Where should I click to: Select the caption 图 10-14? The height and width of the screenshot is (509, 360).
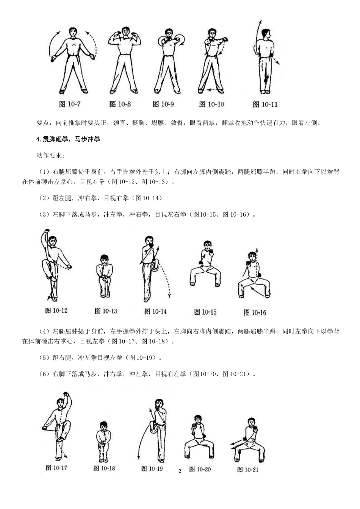point(155,312)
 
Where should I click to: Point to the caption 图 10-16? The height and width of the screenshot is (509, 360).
point(255,313)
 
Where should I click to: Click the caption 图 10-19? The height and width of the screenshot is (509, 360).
point(152,469)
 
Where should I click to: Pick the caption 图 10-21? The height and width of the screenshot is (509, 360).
point(248,470)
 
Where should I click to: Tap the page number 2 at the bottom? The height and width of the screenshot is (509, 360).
point(180,471)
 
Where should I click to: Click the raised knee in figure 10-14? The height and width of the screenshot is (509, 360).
point(154,267)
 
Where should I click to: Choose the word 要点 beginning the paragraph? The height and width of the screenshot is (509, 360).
point(43,123)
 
